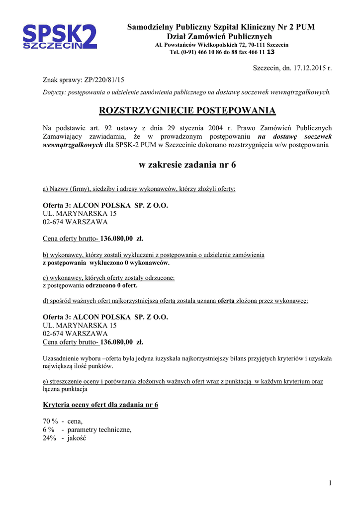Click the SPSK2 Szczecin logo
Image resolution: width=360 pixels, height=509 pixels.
tap(60, 38)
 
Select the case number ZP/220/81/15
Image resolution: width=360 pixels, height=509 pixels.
tap(101, 80)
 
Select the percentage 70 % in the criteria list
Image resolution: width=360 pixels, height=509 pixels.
tap(50, 421)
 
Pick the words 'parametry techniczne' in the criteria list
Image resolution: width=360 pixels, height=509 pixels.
tap(99, 429)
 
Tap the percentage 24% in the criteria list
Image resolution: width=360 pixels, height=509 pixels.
tap(50, 438)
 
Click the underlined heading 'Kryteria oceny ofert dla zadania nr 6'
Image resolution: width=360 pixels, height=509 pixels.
tap(100, 405)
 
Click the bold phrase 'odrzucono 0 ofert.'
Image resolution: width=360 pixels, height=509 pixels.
tap(111, 285)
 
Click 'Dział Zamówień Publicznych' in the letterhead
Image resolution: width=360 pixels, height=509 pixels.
tap(219, 36)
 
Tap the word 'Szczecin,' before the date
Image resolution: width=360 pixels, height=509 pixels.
tap(268, 68)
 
